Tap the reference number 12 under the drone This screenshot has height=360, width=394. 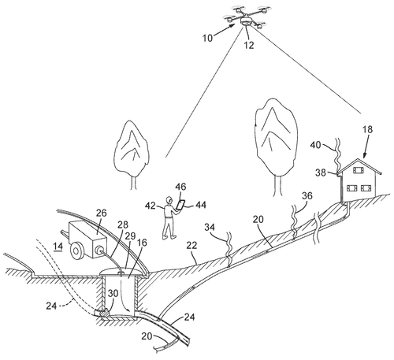[x=249, y=45]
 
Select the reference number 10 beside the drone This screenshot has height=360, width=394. [x=207, y=38]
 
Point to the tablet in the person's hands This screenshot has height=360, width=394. [x=180, y=205]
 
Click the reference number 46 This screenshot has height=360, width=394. [x=180, y=187]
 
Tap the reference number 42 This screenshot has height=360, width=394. [x=151, y=206]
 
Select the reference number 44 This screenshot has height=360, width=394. [x=200, y=205]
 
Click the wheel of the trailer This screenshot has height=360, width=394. [x=76, y=251]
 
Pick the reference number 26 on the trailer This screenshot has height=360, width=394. [x=102, y=213]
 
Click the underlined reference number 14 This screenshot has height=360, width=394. [x=58, y=247]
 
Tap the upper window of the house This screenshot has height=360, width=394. [x=359, y=171]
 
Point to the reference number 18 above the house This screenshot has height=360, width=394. [x=367, y=129]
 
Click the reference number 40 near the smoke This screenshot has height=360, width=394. [x=316, y=144]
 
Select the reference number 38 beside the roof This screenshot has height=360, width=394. [x=321, y=173]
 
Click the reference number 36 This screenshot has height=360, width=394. [x=307, y=196]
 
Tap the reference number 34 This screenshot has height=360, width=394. [x=210, y=228]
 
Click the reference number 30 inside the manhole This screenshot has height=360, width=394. [x=113, y=293]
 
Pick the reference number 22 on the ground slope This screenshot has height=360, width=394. [x=192, y=246]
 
